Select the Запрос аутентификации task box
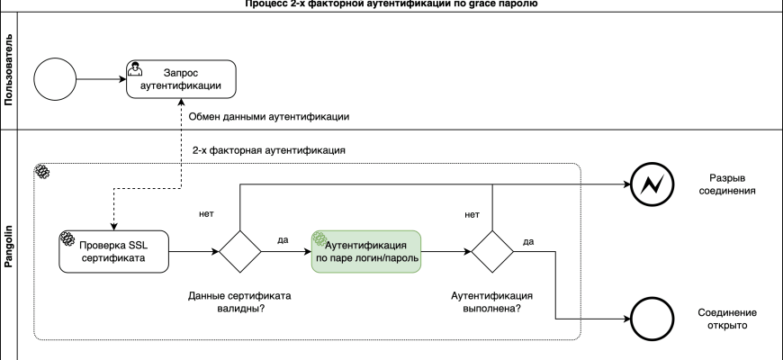point(180,79)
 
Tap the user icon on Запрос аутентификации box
point(133,67)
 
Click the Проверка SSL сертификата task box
point(114,249)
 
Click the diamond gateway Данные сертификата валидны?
point(239,249)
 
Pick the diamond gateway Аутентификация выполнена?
point(492,249)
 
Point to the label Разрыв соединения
point(728,184)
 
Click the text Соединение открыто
point(728,318)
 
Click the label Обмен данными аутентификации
point(269,117)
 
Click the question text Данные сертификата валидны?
point(232,302)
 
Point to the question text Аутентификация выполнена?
point(491,302)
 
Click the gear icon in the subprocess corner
point(40,172)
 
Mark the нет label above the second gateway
point(471,214)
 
